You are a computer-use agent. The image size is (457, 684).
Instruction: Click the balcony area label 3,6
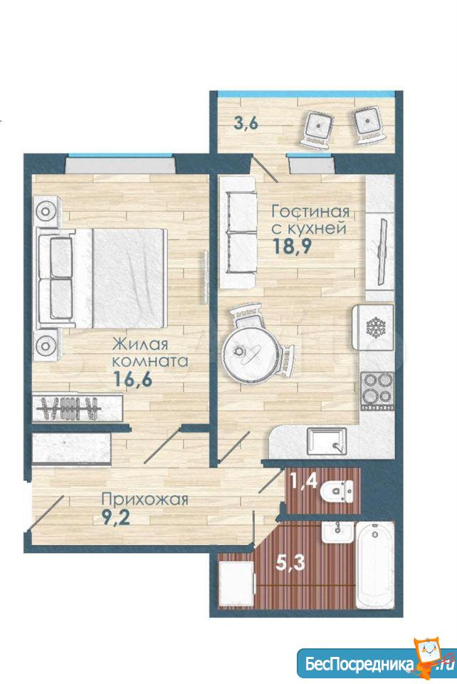click(x=246, y=123)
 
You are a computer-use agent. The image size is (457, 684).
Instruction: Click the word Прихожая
click(x=145, y=499)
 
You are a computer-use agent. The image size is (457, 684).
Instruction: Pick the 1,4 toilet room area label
click(x=304, y=482)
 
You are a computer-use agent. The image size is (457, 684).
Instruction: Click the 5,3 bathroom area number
click(x=290, y=563)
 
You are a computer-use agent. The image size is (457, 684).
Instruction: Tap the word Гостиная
click(x=310, y=212)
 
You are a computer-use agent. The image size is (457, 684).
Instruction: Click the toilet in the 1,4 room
click(x=336, y=492)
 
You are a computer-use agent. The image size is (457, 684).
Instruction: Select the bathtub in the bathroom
click(x=375, y=564)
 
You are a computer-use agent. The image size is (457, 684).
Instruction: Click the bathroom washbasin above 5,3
click(x=338, y=533)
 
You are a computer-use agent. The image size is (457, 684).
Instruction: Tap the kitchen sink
click(x=327, y=442)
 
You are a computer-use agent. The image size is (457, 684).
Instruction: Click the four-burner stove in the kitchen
click(x=377, y=389)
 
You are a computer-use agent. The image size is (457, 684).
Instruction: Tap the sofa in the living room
click(x=237, y=232)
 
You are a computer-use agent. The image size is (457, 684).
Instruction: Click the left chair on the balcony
click(x=318, y=128)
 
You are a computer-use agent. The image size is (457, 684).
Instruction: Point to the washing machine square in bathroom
click(x=236, y=584)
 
